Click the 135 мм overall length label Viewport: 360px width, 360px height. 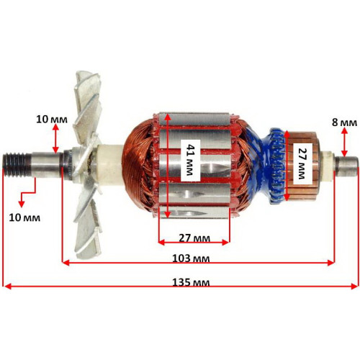coord(191,282)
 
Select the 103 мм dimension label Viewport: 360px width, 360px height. coord(191,258)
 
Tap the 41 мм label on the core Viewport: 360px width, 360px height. coord(191,160)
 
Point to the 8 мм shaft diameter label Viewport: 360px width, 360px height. coord(344,122)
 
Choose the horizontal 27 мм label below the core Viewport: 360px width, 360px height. coord(194,238)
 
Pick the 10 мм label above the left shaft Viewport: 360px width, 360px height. coord(52,120)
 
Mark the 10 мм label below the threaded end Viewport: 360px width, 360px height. coord(24,217)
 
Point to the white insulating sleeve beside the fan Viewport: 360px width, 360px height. coord(111,166)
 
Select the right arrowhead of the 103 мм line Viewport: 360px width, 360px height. coord(331,263)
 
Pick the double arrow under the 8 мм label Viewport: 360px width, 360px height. coord(344,142)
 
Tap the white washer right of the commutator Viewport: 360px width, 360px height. coord(329,166)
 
